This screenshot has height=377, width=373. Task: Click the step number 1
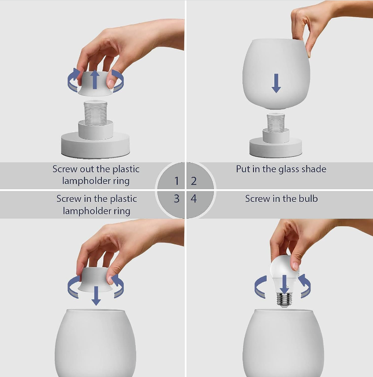(x=176, y=181)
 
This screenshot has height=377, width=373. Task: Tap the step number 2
(x=194, y=181)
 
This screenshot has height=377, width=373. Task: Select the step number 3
(x=176, y=198)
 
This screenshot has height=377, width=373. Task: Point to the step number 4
(x=194, y=198)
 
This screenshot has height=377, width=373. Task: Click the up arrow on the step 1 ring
(x=95, y=79)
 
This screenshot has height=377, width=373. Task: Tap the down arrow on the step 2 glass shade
(x=276, y=83)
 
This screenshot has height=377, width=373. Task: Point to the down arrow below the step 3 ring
(x=96, y=296)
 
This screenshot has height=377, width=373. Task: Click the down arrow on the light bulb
(x=284, y=284)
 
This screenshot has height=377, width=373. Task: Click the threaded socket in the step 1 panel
(x=96, y=113)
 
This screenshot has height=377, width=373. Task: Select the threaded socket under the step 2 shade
(x=276, y=123)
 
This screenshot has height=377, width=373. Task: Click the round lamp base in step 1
(x=96, y=145)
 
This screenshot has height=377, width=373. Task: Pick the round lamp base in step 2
(x=276, y=148)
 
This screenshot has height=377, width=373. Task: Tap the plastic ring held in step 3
(x=95, y=280)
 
